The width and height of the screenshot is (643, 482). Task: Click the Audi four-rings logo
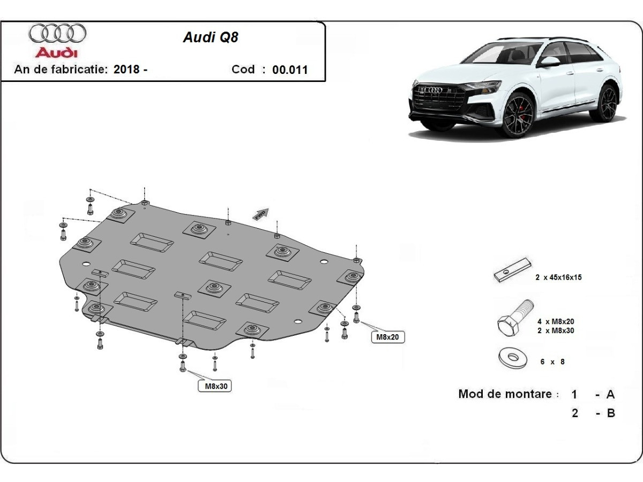(57, 33)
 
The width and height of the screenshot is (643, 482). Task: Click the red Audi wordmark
(56, 52)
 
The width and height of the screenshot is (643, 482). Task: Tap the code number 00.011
(290, 70)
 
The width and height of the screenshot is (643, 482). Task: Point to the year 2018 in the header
(127, 70)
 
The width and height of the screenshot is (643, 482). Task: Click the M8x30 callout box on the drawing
(215, 386)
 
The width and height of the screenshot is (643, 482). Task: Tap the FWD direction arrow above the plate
(261, 214)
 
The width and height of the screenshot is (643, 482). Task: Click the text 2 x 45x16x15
(558, 277)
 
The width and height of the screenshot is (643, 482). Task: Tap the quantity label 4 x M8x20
(556, 321)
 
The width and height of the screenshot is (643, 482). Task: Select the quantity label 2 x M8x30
(556, 330)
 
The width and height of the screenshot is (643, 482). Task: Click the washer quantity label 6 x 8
(552, 361)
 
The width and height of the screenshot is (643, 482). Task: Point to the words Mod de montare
(505, 394)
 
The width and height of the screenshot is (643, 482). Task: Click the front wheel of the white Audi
(518, 115)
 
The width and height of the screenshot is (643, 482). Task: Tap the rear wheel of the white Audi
(607, 102)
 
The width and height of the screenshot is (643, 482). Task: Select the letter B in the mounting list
(610, 413)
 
